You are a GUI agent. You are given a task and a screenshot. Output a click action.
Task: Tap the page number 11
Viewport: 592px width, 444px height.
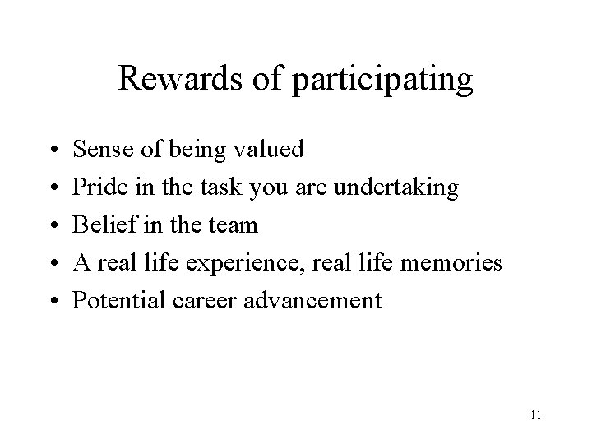tap(535, 416)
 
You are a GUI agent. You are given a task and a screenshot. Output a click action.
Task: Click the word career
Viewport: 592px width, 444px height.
tap(211, 301)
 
